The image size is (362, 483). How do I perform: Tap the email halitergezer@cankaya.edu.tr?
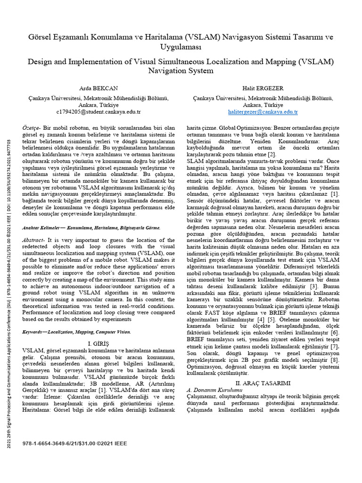[x=263, y=112]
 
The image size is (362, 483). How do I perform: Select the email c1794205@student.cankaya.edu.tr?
[x=98, y=112]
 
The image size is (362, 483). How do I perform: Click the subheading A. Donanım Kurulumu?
[x=214, y=390]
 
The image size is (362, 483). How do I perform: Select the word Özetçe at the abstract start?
[x=32, y=128]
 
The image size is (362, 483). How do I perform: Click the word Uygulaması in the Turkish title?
[x=181, y=48]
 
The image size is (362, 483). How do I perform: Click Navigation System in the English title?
[x=181, y=71]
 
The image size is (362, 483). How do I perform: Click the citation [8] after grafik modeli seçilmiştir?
[x=335, y=360]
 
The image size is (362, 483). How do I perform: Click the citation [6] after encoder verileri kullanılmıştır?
[x=335, y=333]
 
